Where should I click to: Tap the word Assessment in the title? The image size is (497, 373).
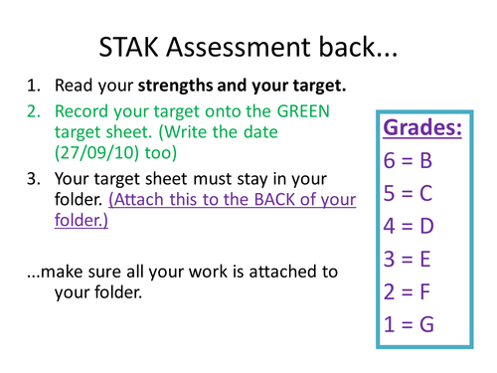[240, 47]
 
